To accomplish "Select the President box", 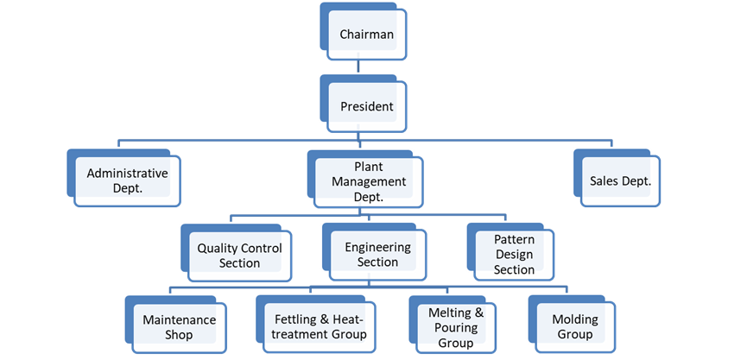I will (367, 107).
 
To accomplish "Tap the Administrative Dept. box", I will (127, 180).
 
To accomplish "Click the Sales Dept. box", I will (620, 181).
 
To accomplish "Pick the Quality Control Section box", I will (239, 255).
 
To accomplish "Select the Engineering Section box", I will (377, 255).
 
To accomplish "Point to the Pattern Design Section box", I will (514, 255).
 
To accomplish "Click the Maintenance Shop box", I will (179, 326).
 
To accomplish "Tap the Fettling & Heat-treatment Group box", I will (313, 326).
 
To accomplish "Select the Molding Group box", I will (574, 326).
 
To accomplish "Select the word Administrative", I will (127, 173).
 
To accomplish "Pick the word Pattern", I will (514, 239).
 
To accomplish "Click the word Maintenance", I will (179, 319).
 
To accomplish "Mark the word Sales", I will (605, 181).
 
